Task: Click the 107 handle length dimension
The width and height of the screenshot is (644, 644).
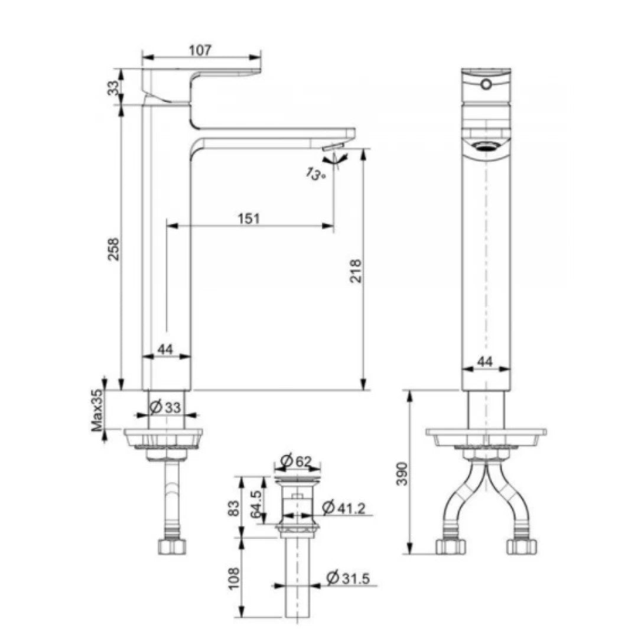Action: tap(200, 50)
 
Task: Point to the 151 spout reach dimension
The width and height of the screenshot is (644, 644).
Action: tap(249, 218)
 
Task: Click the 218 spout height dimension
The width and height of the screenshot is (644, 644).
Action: tap(356, 271)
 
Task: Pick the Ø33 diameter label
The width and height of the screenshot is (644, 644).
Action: tap(165, 407)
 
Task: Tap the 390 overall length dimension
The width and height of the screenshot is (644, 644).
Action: tap(401, 473)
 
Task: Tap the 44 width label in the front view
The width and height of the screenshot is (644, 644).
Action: tap(484, 362)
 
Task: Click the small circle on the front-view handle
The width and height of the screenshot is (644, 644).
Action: tap(486, 85)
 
